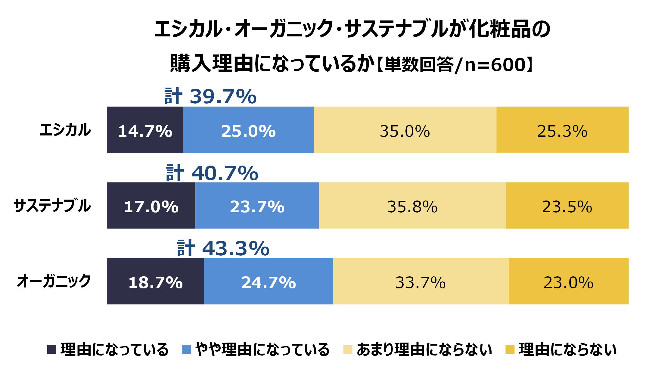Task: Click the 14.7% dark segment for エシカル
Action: click(145, 130)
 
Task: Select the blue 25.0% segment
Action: click(248, 130)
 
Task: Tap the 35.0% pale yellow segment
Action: click(405, 130)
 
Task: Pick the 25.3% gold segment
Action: click(562, 130)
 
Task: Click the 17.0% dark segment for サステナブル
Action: click(151, 206)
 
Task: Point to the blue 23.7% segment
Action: click(257, 206)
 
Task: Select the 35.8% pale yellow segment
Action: click(412, 206)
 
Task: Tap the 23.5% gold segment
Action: click(567, 206)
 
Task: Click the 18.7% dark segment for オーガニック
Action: click(155, 281)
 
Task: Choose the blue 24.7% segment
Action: click(268, 281)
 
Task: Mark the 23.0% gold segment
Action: click(568, 281)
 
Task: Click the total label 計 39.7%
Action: click(210, 96)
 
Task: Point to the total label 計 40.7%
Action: click(212, 173)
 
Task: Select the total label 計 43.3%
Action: click(223, 248)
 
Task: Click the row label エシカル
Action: click(65, 130)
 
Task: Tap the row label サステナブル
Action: click(52, 206)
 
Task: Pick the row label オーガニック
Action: click(54, 281)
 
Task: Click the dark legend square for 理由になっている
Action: click(52, 349)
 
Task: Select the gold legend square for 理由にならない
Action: click(510, 349)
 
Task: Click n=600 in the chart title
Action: click(495, 64)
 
